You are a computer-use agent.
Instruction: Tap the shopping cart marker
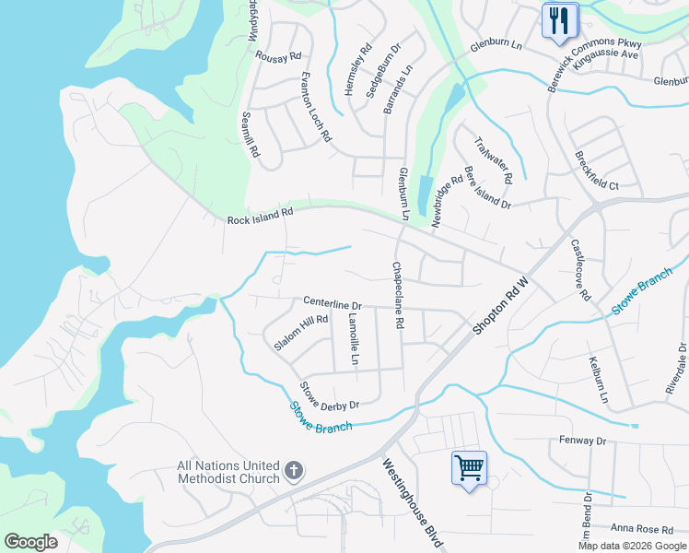click(469, 468)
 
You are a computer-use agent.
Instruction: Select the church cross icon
click(293, 472)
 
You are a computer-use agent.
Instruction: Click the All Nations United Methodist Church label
click(228, 472)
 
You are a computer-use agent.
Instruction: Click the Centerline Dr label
click(333, 303)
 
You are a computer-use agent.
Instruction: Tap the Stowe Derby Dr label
click(329, 396)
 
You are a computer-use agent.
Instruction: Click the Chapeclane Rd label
click(398, 295)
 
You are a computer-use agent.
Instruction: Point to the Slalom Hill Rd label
click(301, 333)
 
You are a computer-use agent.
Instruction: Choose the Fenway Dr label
click(582, 441)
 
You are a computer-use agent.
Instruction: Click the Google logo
click(30, 542)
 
